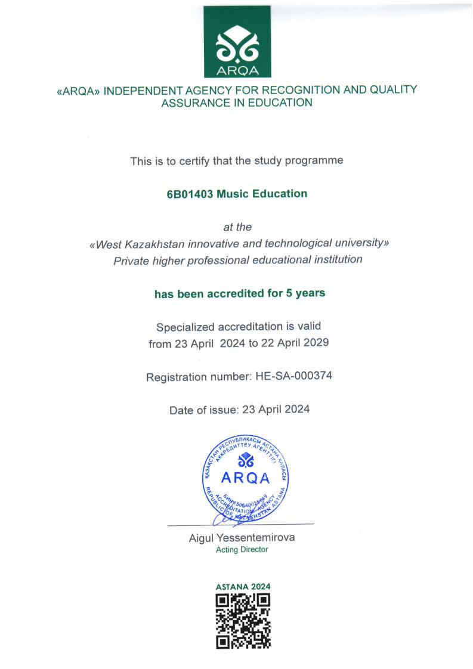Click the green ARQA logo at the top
click(237, 42)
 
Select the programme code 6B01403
click(190, 194)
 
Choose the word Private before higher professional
click(131, 260)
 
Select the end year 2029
click(315, 344)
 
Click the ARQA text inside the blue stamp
click(245, 478)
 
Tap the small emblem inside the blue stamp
click(245, 460)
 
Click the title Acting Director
click(242, 550)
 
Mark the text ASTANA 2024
click(243, 587)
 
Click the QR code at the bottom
click(243, 621)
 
